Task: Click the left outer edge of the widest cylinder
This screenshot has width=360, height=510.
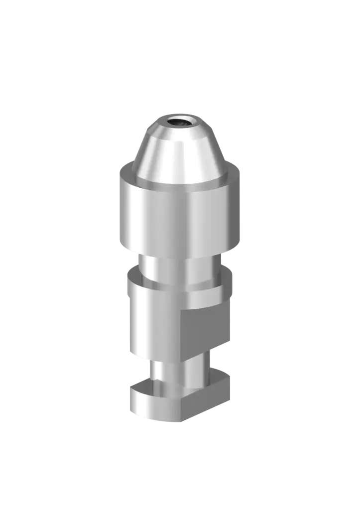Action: click(x=120, y=209)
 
